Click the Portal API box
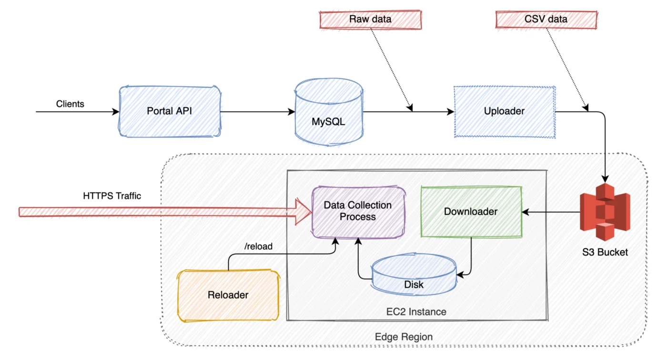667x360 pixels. (170, 111)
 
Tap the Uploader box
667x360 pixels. (504, 111)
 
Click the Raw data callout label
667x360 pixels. (370, 20)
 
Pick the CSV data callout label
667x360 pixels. (546, 20)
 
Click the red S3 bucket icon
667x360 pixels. (605, 211)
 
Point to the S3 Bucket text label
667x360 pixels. (605, 252)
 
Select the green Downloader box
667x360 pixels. (471, 211)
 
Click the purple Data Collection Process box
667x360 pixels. (358, 211)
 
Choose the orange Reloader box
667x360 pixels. (228, 295)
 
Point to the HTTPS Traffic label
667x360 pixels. (112, 196)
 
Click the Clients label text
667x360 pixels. (70, 104)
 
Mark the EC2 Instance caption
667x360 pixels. (416, 312)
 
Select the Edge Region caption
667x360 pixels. (404, 337)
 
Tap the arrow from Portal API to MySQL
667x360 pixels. (257, 112)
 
